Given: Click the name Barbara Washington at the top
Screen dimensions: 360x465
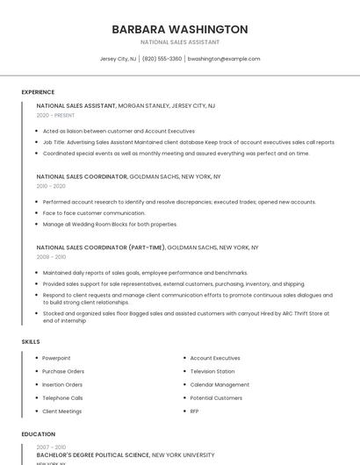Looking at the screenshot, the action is [179, 29].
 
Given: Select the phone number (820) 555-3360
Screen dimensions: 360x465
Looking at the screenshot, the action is [162, 59].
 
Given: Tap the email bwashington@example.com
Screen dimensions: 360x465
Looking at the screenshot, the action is [224, 59].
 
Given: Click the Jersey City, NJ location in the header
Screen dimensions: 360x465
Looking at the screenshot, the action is [118, 59].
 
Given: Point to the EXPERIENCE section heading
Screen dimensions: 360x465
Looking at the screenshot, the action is [38, 92].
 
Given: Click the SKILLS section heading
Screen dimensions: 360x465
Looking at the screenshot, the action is [31, 341].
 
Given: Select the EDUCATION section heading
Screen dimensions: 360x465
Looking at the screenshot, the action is [38, 433].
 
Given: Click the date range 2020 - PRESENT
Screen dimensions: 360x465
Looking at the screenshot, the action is [54, 115].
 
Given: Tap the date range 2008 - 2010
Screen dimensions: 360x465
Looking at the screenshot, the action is [51, 257].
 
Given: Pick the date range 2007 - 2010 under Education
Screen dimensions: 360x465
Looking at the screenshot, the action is [51, 447].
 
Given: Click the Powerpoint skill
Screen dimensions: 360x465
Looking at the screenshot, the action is [56, 358].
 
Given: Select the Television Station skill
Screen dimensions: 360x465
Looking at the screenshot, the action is [212, 371].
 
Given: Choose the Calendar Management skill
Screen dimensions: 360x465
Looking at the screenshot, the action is [220, 384].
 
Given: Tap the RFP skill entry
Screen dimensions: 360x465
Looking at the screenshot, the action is [194, 411].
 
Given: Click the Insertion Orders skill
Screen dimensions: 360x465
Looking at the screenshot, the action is [62, 384].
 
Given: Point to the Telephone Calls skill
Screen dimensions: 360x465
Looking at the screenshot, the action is [61, 397].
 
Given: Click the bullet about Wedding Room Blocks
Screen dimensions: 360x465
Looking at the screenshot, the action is [110, 224].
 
